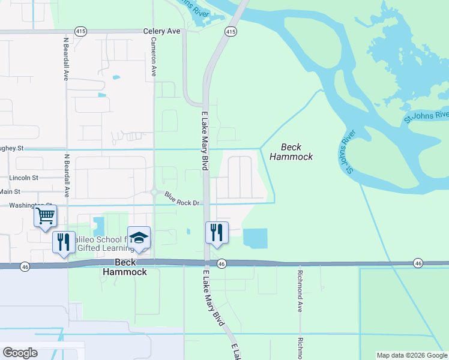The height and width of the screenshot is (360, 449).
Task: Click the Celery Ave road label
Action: (x=161, y=31)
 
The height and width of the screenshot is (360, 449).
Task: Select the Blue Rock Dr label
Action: (x=182, y=199)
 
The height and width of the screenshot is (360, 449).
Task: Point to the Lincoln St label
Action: (x=23, y=178)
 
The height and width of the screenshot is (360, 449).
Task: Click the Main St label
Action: (x=10, y=192)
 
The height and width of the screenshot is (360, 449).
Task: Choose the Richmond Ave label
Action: (x=299, y=298)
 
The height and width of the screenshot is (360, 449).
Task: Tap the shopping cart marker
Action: (x=46, y=216)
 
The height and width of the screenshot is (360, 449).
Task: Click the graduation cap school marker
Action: (x=139, y=238)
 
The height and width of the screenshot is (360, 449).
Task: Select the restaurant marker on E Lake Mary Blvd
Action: (x=217, y=232)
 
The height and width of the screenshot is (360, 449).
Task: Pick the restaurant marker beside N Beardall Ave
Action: (x=64, y=242)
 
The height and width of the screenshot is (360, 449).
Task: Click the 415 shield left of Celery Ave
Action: (x=80, y=31)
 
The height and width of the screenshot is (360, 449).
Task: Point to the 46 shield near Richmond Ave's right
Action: (x=418, y=263)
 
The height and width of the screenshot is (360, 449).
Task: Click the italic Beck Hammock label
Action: (x=291, y=152)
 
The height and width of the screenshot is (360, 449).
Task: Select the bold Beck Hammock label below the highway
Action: (x=124, y=267)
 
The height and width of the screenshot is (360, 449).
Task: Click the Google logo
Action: (x=20, y=352)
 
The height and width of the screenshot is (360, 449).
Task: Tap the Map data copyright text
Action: (x=412, y=355)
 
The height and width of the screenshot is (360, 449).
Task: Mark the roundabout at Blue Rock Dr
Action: (x=154, y=192)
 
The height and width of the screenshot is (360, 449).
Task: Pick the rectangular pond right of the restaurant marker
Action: (x=255, y=238)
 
